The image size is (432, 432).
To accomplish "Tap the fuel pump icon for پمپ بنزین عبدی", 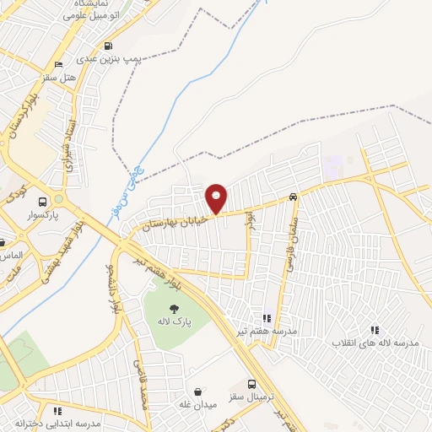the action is tap(107, 47).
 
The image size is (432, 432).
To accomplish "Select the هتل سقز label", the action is tap(83, 76).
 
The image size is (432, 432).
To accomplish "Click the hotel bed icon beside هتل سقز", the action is tap(57, 65).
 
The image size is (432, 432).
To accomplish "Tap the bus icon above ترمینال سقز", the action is tap(251, 382).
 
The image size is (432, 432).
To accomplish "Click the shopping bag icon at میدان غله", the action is tap(198, 391).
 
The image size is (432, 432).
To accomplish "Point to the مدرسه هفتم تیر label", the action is tap(272, 332).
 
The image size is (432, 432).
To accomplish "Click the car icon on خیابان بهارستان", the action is tap(293, 197).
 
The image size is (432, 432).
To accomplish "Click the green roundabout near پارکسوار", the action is tap(58, 200).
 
